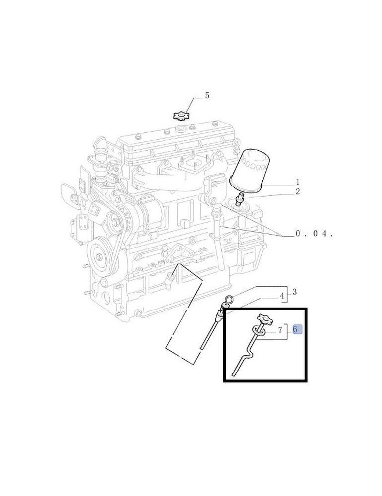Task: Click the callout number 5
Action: tap(207, 95)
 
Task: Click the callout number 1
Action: tap(297, 182)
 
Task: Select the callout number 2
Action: tap(297, 191)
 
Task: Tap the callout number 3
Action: tap(294, 292)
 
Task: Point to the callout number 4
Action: tap(282, 296)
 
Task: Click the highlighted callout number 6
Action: tap(295, 329)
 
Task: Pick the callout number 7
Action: tap(280, 330)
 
